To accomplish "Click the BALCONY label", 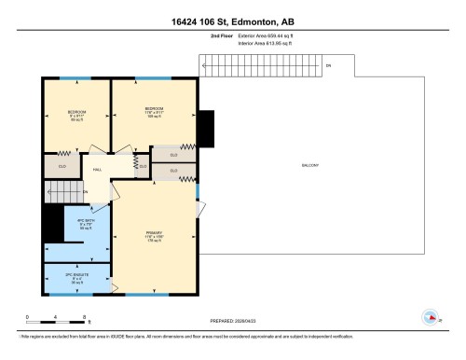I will tap(310, 165).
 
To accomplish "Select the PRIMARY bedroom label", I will tap(153, 232).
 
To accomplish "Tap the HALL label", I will tap(97, 170).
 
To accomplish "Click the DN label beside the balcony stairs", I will tap(327, 66).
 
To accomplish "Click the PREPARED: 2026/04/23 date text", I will tap(232, 322).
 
